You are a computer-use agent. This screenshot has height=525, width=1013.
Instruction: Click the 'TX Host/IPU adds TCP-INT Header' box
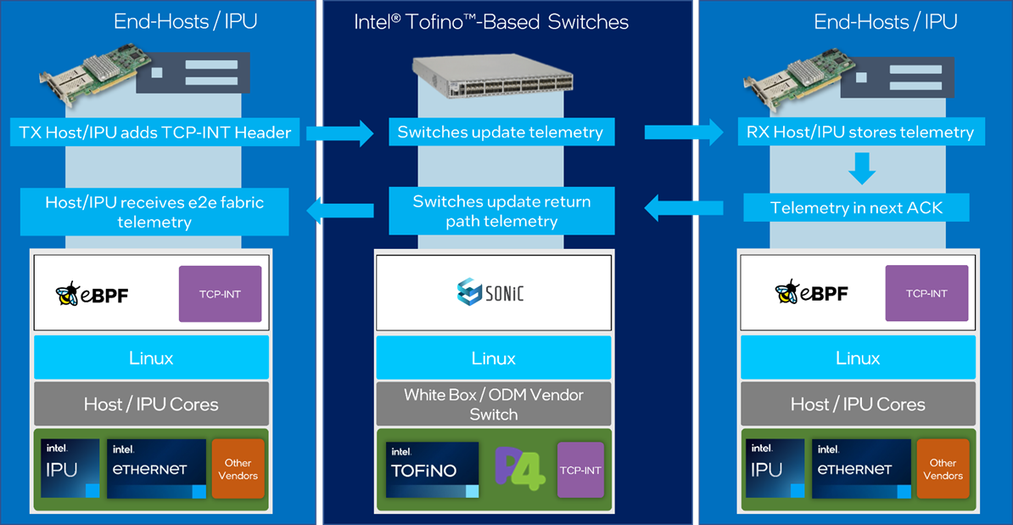[155, 133]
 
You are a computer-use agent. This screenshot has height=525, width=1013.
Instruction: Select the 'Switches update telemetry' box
[500, 132]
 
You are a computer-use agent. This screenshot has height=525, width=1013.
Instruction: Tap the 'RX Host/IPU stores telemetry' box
[859, 132]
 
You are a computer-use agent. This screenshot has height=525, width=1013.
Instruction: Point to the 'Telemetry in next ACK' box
[856, 208]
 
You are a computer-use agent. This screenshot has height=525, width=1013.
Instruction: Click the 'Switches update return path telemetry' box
[501, 212]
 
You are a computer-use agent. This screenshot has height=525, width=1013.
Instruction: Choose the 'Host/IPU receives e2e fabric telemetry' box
[154, 212]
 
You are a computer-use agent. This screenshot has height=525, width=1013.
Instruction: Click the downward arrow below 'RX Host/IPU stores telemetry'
[861, 167]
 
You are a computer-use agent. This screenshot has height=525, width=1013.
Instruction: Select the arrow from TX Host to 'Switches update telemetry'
[339, 133]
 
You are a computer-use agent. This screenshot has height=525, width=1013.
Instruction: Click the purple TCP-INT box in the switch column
[580, 470]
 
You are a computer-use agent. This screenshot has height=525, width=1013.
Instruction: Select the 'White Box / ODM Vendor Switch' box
[494, 404]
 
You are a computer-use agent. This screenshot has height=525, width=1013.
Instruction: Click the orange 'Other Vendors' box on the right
[943, 469]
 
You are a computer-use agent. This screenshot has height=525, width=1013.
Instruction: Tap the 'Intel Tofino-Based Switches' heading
[491, 22]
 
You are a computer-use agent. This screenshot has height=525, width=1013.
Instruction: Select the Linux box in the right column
[858, 358]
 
